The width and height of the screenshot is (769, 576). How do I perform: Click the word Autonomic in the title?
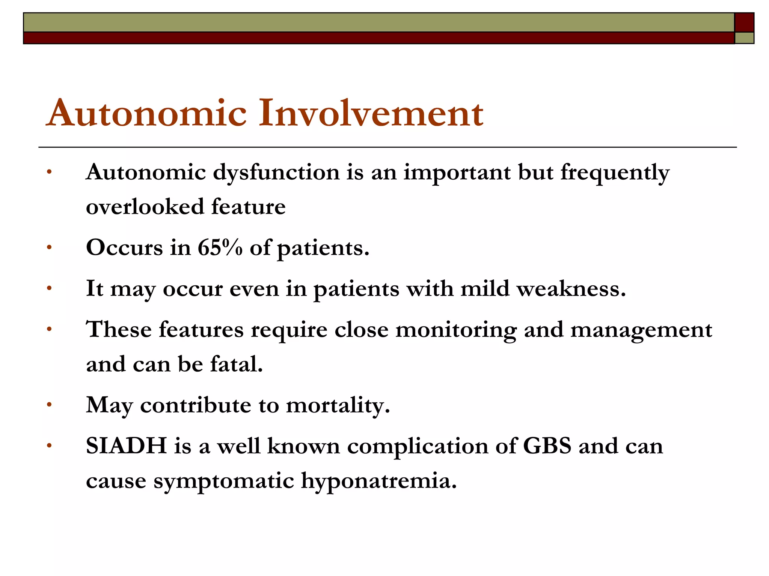(146, 113)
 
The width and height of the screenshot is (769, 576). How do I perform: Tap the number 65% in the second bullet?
(220, 247)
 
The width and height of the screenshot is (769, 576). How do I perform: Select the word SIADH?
(126, 446)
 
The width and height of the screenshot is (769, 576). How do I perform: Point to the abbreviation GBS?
(547, 446)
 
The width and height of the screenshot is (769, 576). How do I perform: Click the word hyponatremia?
(379, 480)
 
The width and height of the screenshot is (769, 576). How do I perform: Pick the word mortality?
(338, 405)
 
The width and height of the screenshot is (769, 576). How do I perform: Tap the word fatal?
(236, 364)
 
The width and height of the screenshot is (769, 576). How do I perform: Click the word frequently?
(615, 173)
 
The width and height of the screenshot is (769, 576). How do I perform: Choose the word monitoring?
(456, 330)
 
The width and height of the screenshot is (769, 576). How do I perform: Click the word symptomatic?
(223, 481)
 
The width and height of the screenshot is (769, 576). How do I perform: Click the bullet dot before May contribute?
(49, 405)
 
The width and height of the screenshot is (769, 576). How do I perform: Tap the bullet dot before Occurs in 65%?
(49, 247)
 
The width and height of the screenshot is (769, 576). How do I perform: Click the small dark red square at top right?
(744, 22)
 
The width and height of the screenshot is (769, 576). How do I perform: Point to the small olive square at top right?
(744, 38)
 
